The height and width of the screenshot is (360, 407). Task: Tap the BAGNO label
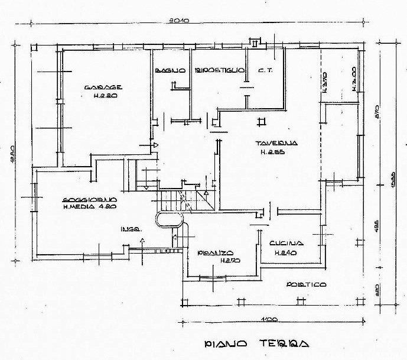[171, 71]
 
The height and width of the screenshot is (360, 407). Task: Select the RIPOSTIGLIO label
[219, 71]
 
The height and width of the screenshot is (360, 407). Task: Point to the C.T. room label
[263, 71]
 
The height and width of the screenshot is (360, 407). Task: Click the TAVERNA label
[276, 144]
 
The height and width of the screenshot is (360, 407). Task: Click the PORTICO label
[306, 284]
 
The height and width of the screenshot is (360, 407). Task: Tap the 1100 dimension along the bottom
[269, 321]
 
